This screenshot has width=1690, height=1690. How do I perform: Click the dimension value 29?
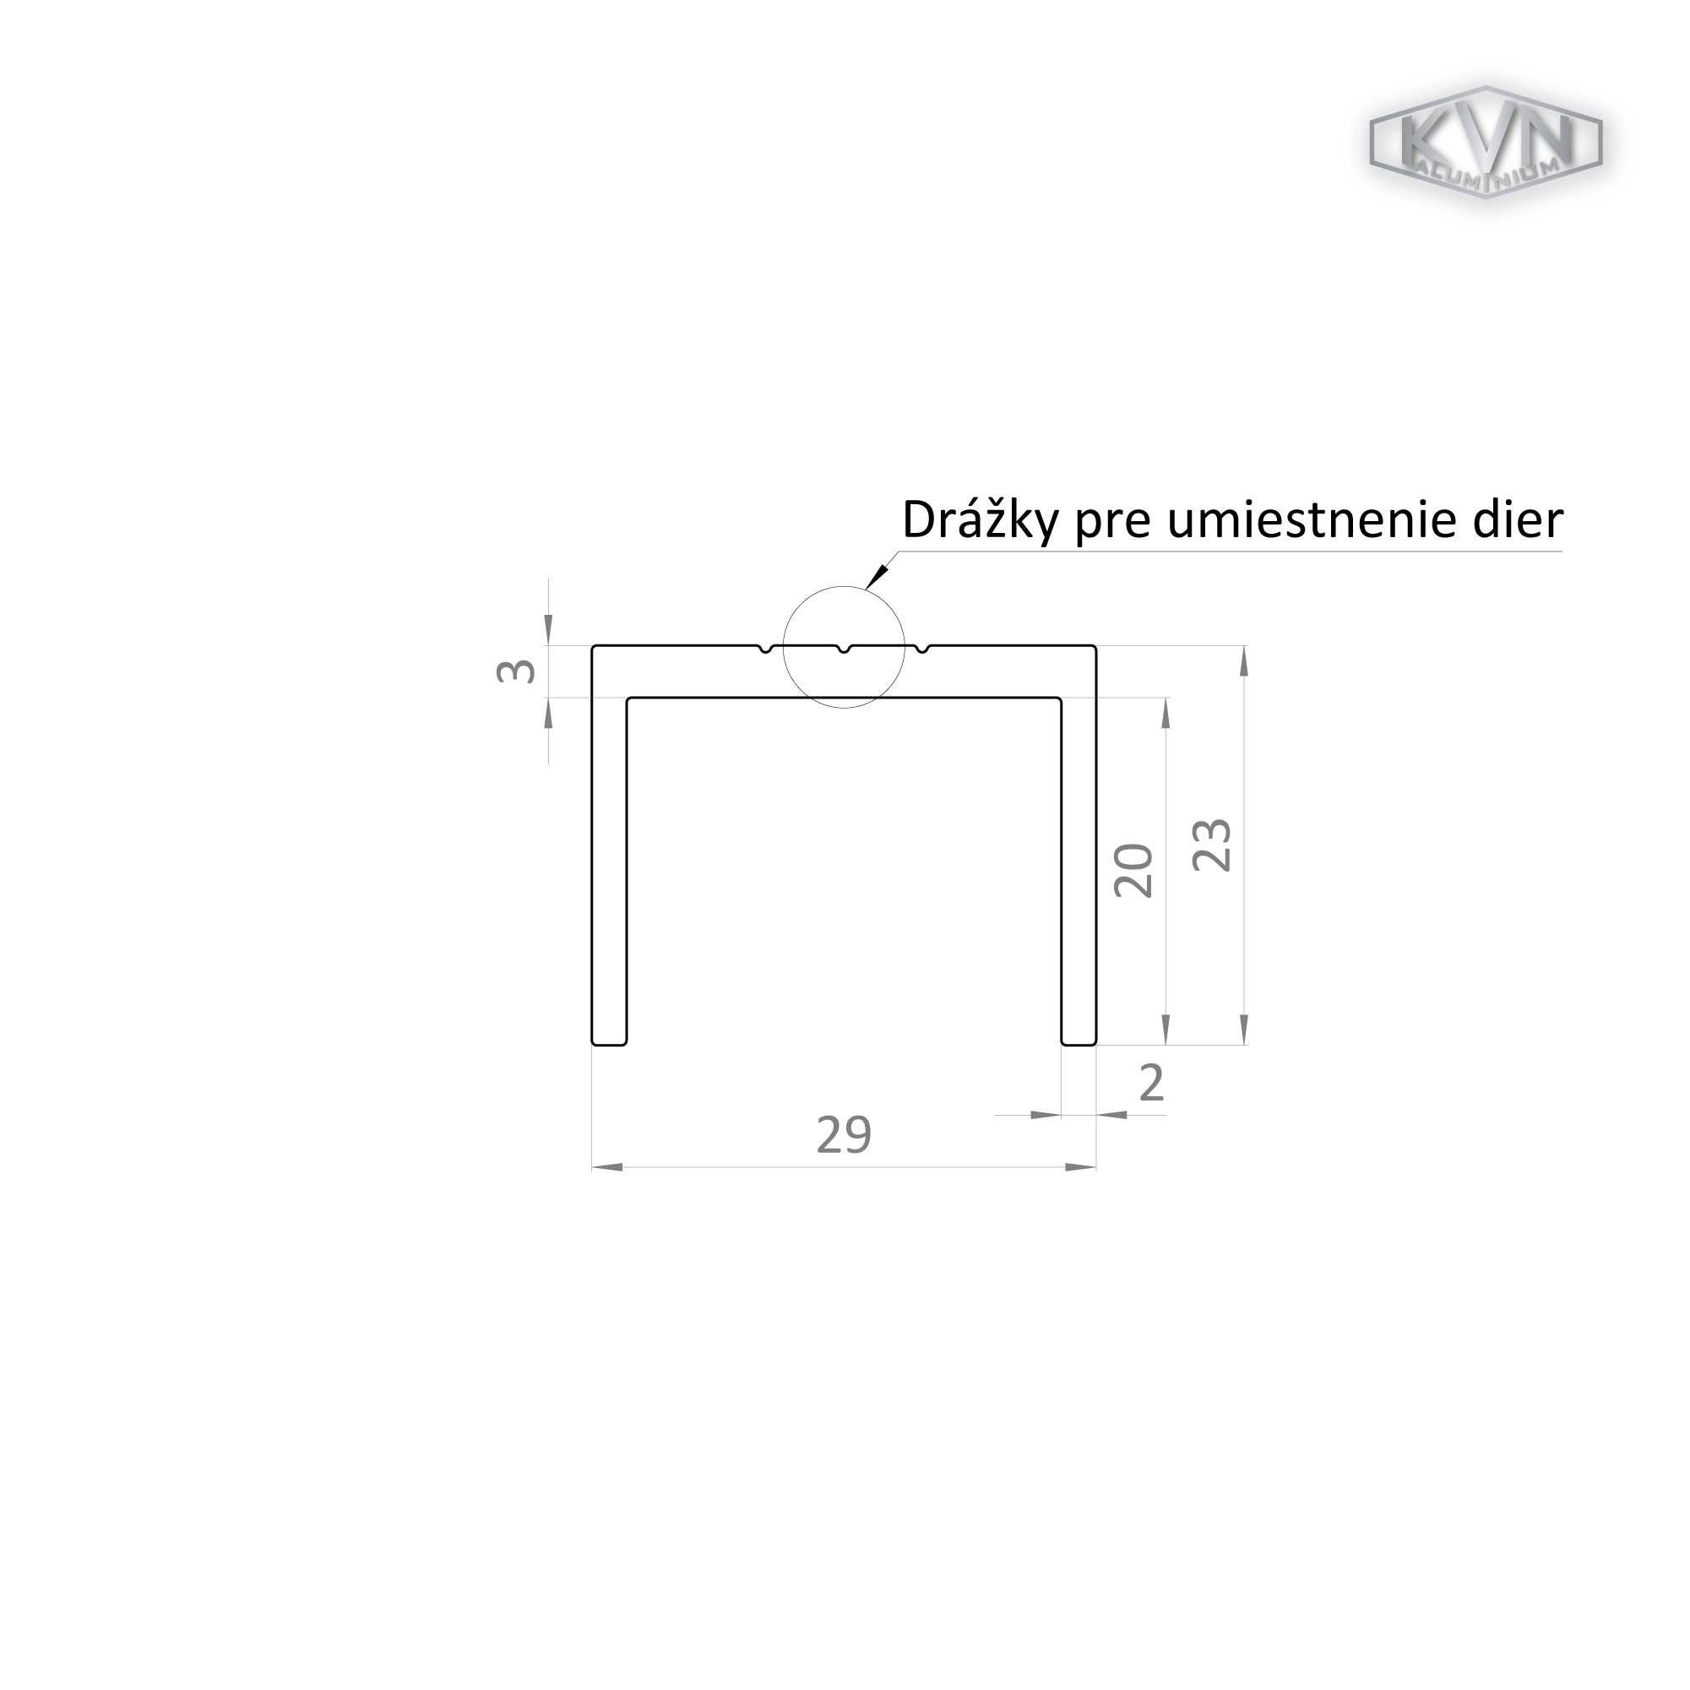click(x=843, y=1134)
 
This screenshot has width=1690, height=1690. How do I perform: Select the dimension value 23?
click(x=1213, y=845)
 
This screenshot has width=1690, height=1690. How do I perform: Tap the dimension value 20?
click(x=1133, y=871)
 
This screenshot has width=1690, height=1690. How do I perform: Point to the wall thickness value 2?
click(x=1152, y=1083)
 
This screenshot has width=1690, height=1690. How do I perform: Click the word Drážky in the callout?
click(x=981, y=519)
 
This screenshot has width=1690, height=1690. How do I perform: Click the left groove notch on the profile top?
click(x=765, y=648)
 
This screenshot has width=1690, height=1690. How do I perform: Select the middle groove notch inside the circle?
click(x=844, y=648)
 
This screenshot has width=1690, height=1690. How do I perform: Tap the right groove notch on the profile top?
click(x=922, y=648)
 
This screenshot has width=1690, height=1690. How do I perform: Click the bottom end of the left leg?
click(x=609, y=1045)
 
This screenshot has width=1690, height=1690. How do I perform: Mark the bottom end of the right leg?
click(x=1079, y=1045)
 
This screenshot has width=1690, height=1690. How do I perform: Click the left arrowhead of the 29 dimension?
click(x=607, y=1167)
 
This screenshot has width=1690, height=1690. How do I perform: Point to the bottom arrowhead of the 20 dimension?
click(x=1166, y=1029)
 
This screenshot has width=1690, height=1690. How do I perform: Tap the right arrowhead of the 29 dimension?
click(x=1081, y=1167)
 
